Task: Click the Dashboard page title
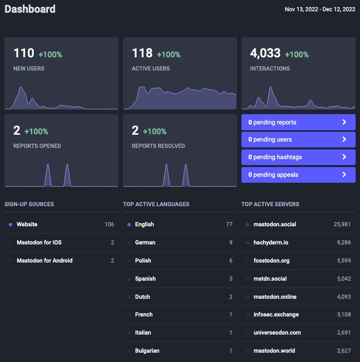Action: tap(30, 9)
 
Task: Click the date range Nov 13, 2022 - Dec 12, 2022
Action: tap(320, 9)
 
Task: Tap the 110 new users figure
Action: tap(24, 53)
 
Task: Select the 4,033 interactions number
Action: tap(265, 53)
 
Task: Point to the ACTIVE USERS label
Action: tap(151, 69)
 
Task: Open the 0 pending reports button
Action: tap(298, 122)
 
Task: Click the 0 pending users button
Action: tap(298, 140)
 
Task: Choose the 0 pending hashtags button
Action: tap(298, 157)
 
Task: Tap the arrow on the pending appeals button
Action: tap(344, 174)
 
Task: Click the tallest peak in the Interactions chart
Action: tap(270, 87)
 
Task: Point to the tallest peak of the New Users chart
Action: tap(21, 87)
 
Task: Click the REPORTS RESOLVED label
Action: tap(158, 146)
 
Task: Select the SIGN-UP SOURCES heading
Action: tap(29, 204)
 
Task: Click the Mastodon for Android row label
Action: tap(45, 261)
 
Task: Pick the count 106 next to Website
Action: tap(109, 224)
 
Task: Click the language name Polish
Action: tap(143, 261)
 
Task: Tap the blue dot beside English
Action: tap(129, 224)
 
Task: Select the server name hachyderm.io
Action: tap(271, 242)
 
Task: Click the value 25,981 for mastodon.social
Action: tap(342, 224)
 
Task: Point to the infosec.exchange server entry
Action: tap(276, 314)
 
